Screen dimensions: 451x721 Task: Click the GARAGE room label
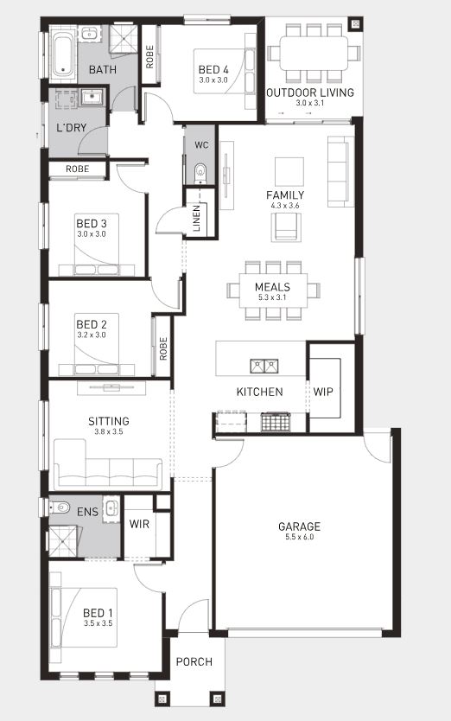[299, 526]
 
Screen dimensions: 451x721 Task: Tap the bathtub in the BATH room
[62, 54]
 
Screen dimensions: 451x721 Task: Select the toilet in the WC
[201, 172]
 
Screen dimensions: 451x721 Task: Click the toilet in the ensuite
[60, 507]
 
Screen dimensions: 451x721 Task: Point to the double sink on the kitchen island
[264, 366]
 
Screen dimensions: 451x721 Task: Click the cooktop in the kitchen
[276, 422]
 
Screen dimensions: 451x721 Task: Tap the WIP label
[323, 392]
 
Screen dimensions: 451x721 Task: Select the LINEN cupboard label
[197, 218]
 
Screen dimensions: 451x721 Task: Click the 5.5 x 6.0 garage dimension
[299, 537]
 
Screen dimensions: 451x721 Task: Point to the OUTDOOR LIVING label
[310, 93]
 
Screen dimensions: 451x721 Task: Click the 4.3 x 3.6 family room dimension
[285, 206]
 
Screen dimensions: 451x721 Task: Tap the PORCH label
[194, 661]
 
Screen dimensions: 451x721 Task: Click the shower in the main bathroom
[124, 38]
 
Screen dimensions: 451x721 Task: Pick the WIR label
[139, 524]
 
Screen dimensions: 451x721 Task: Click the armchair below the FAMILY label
[287, 227]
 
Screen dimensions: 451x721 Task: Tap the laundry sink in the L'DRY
[93, 97]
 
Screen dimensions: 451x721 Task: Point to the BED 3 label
[92, 223]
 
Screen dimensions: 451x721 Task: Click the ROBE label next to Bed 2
[163, 348]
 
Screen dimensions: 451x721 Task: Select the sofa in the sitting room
[108, 464]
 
